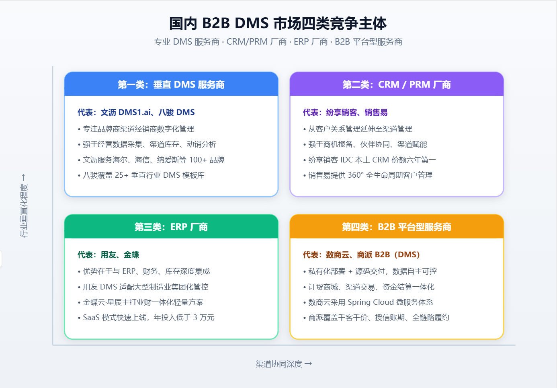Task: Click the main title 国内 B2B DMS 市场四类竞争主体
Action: click(x=278, y=24)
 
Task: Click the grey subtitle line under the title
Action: click(x=278, y=42)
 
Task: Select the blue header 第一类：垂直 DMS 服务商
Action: click(x=171, y=84)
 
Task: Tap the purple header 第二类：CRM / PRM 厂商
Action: click(x=397, y=84)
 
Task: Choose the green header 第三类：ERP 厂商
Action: click(x=171, y=227)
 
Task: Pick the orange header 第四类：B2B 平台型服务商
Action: click(x=397, y=227)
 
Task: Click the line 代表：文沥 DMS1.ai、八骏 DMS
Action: click(x=136, y=113)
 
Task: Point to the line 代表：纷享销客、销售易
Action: click(x=345, y=113)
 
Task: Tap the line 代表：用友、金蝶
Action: click(x=108, y=255)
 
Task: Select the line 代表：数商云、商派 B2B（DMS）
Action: click(x=361, y=255)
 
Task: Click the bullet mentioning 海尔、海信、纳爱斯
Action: click(x=151, y=160)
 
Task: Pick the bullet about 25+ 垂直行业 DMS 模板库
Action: click(x=141, y=175)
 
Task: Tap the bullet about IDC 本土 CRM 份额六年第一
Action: click(x=369, y=160)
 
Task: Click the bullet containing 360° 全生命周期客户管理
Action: click(x=368, y=175)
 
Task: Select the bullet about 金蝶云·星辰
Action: click(x=141, y=302)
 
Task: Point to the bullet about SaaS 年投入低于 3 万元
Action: click(x=146, y=318)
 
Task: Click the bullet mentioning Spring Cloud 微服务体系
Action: click(x=368, y=302)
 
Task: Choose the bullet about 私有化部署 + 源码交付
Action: click(x=370, y=271)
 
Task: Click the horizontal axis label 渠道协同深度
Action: click(x=284, y=364)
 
